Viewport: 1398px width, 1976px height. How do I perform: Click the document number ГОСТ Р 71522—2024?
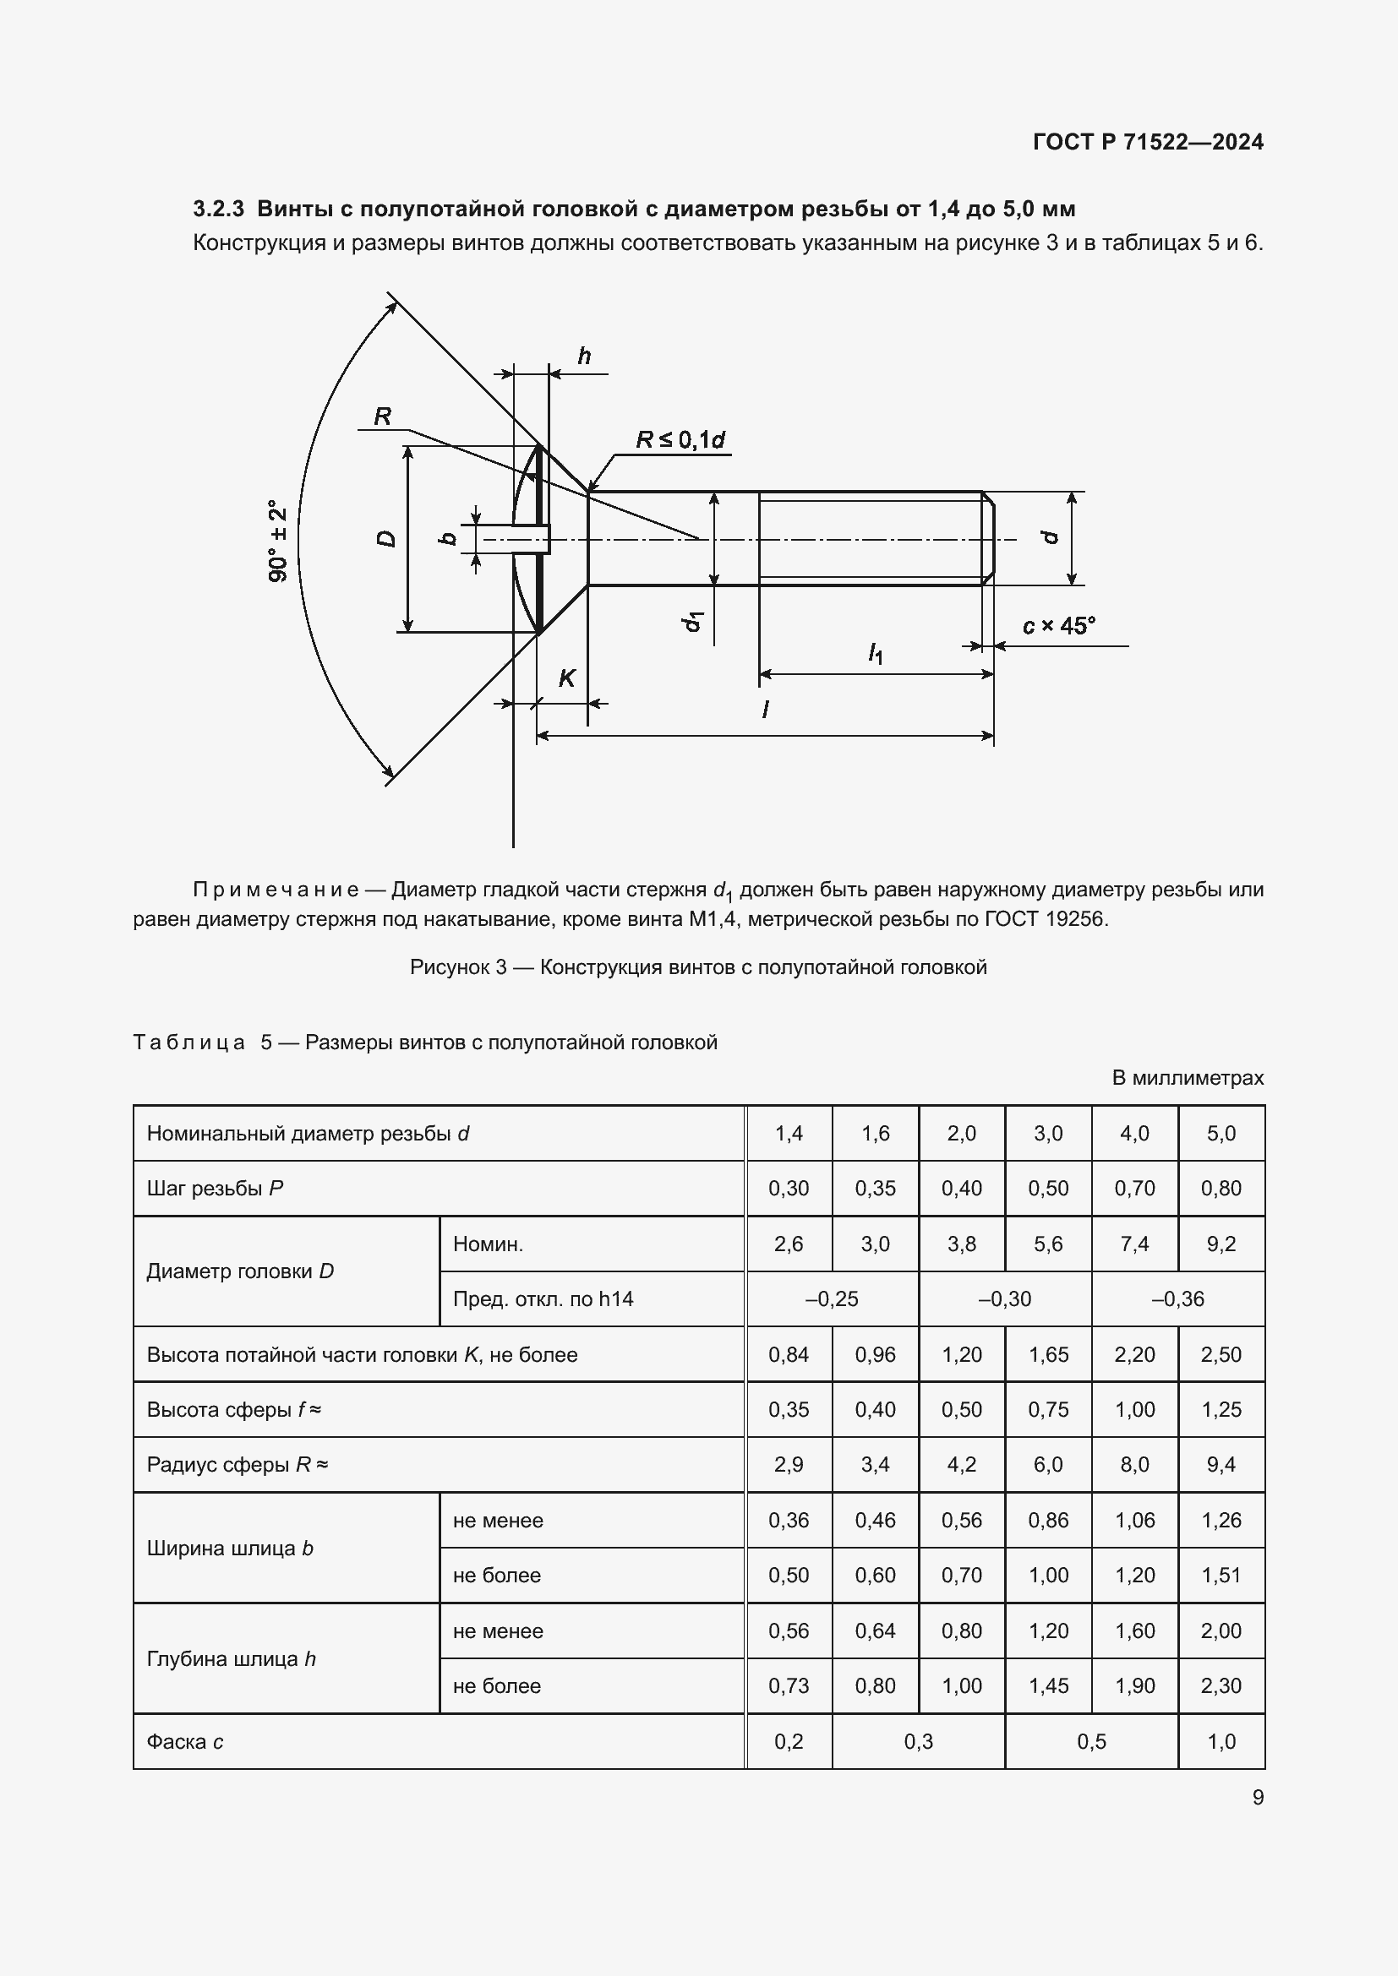click(1148, 142)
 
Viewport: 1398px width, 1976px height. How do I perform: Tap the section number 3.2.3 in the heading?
click(219, 210)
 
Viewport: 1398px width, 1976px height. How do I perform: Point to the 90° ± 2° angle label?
click(278, 541)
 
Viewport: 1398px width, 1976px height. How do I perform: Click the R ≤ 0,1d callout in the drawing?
click(680, 440)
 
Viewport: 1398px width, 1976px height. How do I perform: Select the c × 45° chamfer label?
click(1058, 626)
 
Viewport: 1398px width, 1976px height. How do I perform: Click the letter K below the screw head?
click(566, 678)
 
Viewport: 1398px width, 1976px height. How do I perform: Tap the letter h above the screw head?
click(585, 357)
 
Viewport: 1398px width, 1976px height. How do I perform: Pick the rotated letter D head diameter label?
click(386, 539)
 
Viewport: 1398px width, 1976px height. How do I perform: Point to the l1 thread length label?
click(875, 654)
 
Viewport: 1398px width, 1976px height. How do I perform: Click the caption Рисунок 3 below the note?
click(458, 967)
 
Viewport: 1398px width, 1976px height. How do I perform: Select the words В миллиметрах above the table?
click(1187, 1077)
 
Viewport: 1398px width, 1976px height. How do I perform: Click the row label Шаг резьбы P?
click(216, 1189)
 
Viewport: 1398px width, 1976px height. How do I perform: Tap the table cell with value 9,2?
click(1221, 1244)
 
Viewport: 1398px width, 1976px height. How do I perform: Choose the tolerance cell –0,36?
click(1177, 1298)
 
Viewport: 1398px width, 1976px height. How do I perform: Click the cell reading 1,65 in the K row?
click(1047, 1354)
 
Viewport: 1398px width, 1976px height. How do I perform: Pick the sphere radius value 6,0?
click(1047, 1465)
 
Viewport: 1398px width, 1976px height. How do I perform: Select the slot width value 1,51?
click(1221, 1575)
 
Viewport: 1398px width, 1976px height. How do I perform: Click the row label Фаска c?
click(185, 1741)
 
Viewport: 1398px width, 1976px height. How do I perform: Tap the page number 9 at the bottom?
click(1258, 1797)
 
